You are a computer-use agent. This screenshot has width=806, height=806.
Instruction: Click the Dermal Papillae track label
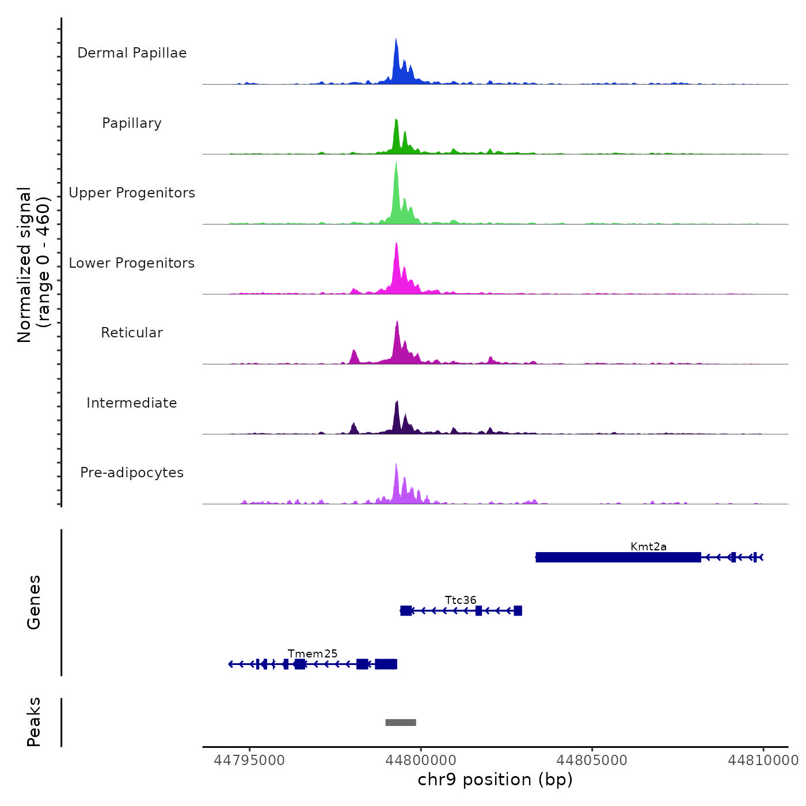[132, 53]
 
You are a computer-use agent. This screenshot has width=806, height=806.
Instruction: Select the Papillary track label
[132, 123]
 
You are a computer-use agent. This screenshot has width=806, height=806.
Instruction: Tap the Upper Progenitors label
[132, 193]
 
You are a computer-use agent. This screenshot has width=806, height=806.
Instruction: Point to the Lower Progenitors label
[132, 263]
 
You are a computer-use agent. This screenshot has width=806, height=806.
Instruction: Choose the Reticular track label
[132, 333]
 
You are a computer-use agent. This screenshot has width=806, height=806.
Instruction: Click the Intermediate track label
[132, 403]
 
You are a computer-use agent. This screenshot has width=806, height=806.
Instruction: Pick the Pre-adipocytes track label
[132, 473]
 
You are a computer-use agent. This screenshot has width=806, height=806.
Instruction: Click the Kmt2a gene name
[648, 547]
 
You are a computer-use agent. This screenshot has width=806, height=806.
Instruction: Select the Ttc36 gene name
[461, 600]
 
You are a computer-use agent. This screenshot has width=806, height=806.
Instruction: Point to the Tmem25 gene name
[313, 654]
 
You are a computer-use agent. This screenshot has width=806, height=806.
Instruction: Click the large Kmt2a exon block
[618, 557]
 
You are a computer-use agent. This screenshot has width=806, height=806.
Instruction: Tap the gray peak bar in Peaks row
[401, 723]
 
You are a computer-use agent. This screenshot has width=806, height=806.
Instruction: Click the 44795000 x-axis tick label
[249, 761]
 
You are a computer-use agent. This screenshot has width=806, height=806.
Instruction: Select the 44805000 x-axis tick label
[592, 761]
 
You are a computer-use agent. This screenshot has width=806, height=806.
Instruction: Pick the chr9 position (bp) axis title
[495, 780]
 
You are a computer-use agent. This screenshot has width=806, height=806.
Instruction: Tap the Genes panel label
[34, 602]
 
